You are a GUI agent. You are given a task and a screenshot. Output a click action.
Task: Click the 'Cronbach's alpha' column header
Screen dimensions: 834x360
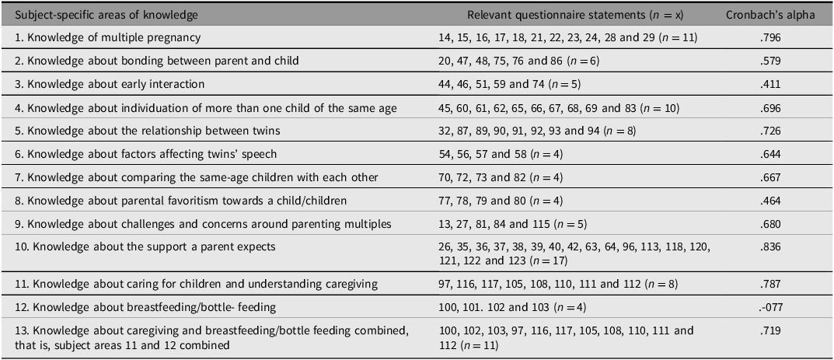pyautogui.click(x=770, y=15)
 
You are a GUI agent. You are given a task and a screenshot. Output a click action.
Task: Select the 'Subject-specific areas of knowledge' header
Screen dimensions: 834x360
pyautogui.click(x=106, y=15)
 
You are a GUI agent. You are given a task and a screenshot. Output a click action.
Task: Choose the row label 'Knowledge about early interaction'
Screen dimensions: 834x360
pyautogui.click(x=110, y=85)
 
